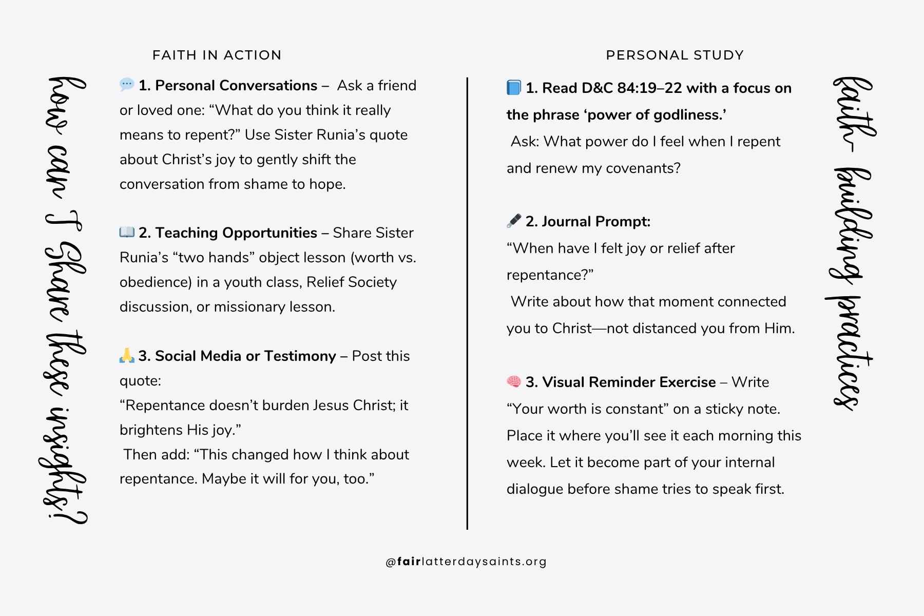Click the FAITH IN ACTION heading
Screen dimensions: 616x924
pos(217,55)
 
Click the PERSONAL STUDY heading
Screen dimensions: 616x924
pos(675,55)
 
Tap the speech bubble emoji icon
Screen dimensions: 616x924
pos(126,85)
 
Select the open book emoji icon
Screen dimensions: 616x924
pos(127,232)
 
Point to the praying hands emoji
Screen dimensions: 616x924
pos(127,355)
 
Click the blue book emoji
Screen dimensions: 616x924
pos(514,88)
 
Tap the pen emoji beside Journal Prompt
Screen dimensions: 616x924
pos(514,221)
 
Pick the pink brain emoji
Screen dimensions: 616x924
pos(514,381)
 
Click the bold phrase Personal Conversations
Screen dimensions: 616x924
pos(236,85)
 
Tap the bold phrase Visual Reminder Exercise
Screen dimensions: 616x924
pos(629,382)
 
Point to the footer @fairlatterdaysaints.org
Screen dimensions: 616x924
pos(466,562)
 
